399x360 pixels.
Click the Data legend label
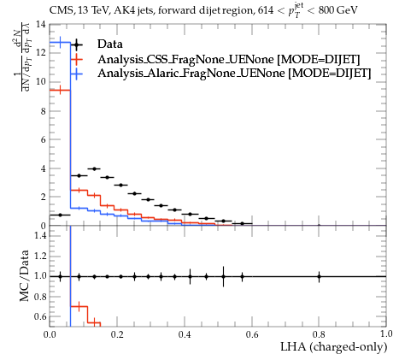point(110,44)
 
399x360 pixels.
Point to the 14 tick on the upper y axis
point(42,24)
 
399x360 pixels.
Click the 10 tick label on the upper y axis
point(42,82)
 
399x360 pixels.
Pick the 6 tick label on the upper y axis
point(44,139)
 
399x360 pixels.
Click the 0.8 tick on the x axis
point(319,334)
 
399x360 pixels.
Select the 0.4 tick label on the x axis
point(185,334)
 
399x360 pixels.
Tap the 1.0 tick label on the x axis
point(386,334)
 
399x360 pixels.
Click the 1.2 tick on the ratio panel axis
point(40,256)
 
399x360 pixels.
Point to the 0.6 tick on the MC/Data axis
point(40,316)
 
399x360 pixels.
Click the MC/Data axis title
point(25,275)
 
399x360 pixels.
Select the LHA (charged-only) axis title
point(334,347)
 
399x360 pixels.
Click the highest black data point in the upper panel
point(95,168)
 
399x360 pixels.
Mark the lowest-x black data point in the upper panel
point(60,215)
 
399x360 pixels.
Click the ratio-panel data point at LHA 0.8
point(319,276)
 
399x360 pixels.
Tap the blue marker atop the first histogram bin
point(60,43)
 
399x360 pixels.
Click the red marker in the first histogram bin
point(60,91)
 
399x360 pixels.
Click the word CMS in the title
point(59,11)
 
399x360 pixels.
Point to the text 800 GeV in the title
point(337,10)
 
